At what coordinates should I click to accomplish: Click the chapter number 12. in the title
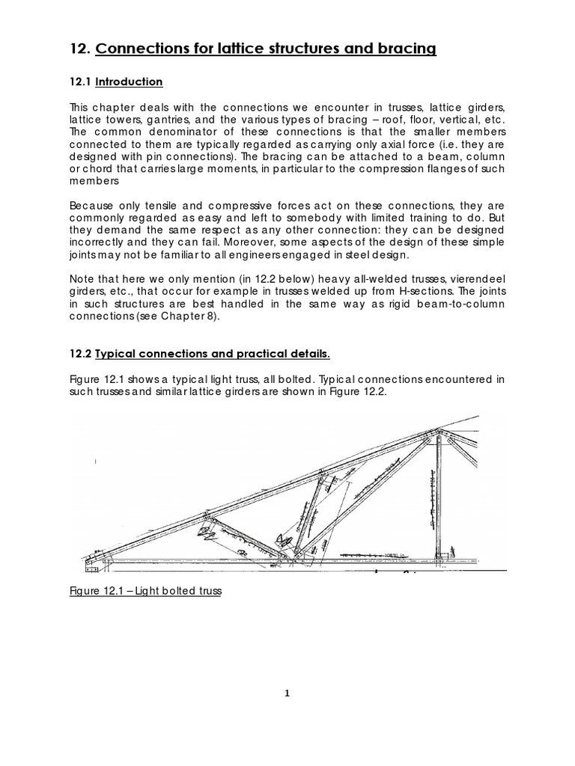80,50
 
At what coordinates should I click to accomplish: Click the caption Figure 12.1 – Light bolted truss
147,591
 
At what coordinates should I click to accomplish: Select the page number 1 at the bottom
287,693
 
